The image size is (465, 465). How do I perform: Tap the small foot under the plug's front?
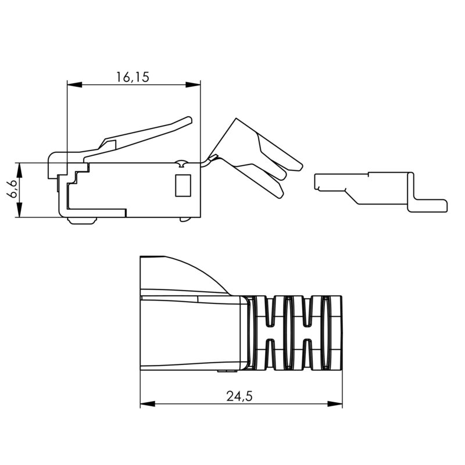click(x=81, y=220)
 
